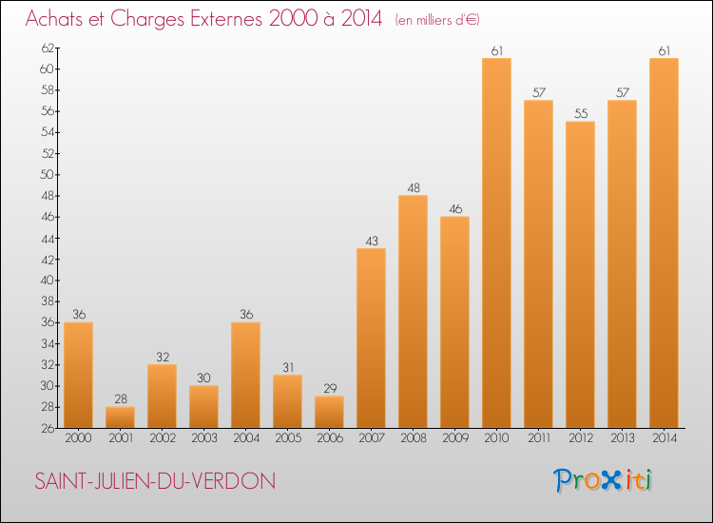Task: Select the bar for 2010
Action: coord(496,243)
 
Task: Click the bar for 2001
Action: coord(120,417)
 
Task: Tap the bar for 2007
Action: coord(371,339)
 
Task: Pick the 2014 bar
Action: coord(664,243)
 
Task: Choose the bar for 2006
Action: coord(329,412)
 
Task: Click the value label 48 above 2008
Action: coord(413,187)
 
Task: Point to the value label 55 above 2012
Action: coord(580,113)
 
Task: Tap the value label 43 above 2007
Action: coord(371,241)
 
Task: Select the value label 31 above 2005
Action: coord(287,367)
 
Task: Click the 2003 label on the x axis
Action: coord(203,438)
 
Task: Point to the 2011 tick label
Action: coord(538,438)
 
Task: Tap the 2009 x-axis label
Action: coord(454,438)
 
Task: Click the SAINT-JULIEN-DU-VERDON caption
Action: coord(154,481)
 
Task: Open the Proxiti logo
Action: coord(603,479)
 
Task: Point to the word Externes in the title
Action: coord(218,18)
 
